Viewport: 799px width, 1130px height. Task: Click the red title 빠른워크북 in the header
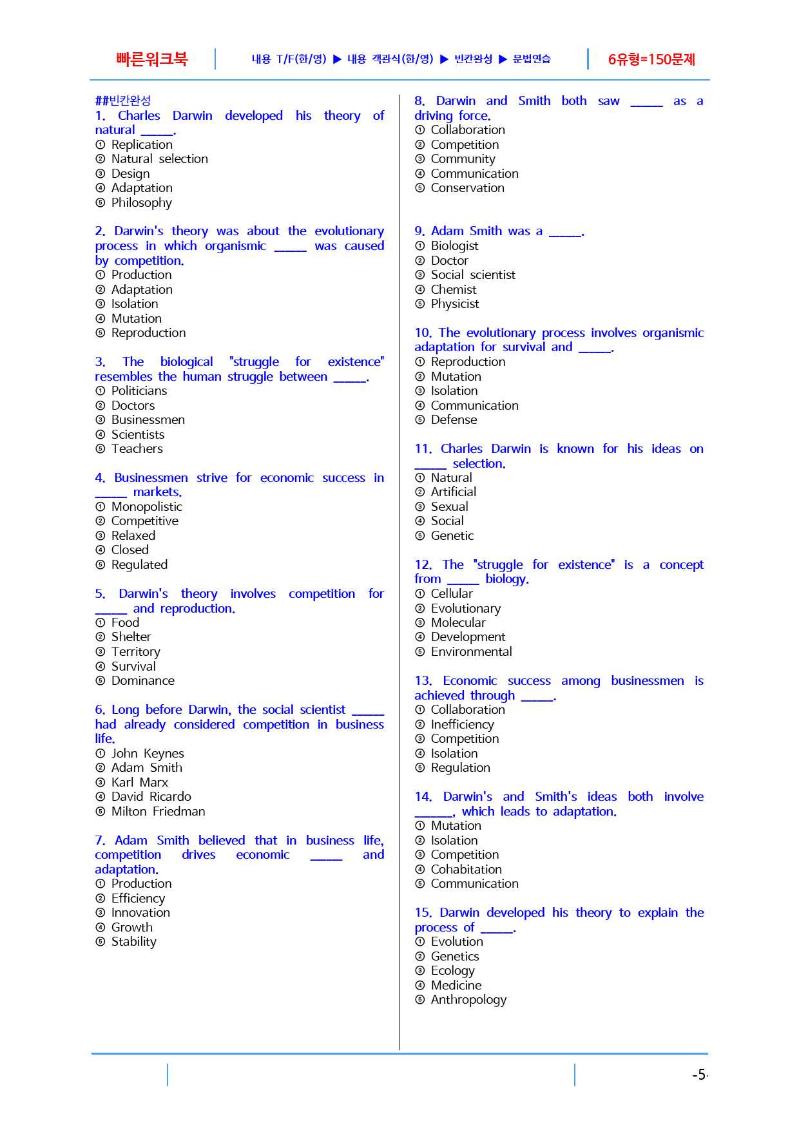point(152,59)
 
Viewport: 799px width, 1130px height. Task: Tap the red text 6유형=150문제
point(651,60)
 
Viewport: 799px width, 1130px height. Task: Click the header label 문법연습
point(532,59)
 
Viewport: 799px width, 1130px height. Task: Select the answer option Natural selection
point(159,159)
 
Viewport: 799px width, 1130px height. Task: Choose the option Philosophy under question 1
point(141,203)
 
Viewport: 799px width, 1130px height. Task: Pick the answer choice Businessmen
point(148,420)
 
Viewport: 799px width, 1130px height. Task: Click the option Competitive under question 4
point(144,521)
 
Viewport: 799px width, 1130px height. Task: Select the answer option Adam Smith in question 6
point(146,768)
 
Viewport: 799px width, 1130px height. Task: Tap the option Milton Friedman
point(158,812)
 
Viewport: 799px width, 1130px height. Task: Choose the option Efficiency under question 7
point(138,899)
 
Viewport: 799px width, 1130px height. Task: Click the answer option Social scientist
point(472,275)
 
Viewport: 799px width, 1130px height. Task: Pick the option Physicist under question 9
point(454,304)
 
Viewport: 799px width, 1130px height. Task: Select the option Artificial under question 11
point(453,492)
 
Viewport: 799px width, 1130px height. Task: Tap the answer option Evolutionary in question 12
point(465,609)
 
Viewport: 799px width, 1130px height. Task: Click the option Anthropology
point(468,1000)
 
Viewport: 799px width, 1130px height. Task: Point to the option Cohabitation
point(466,870)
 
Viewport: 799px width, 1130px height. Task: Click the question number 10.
point(423,333)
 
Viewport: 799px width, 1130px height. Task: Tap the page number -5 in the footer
point(698,1075)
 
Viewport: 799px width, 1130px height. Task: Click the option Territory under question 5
point(135,652)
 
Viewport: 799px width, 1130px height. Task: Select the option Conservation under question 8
point(467,188)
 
